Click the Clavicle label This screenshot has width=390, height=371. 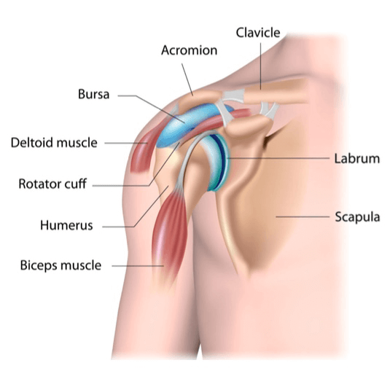258,33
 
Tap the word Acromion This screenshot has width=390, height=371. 189,50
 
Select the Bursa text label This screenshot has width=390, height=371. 93,94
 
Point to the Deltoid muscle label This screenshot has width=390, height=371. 54,143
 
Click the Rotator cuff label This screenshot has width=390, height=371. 52,184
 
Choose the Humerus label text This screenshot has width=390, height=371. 66,225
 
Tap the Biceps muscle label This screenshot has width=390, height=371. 61,265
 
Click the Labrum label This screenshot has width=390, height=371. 357,159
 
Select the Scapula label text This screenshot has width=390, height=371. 357,216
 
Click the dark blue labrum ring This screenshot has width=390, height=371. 222,159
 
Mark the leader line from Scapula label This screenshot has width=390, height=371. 303,216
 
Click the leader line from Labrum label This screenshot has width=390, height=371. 278,158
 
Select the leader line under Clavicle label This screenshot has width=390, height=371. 261,66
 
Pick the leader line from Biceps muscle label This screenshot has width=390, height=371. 138,266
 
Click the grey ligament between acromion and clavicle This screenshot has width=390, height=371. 233,95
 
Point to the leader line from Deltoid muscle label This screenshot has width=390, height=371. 126,143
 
